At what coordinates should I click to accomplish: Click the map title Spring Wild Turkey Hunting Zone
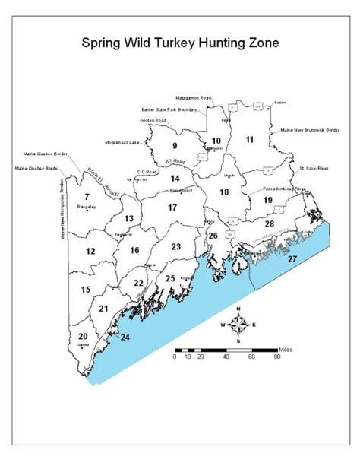point(180,43)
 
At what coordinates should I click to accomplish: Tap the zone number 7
point(87,197)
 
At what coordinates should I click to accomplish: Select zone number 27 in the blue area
point(292,259)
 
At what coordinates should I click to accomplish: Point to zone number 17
point(172,207)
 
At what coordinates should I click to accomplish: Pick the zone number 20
point(83,336)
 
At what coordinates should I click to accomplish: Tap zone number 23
point(176,246)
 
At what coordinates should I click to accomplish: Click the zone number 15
point(86,290)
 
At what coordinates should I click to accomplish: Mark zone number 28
point(269,224)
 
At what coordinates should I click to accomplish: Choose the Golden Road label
point(153,120)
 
